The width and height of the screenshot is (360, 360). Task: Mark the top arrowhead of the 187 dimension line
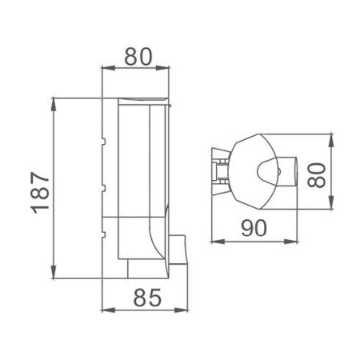click(x=54, y=102)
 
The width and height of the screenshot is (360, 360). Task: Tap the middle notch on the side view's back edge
click(x=103, y=187)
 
